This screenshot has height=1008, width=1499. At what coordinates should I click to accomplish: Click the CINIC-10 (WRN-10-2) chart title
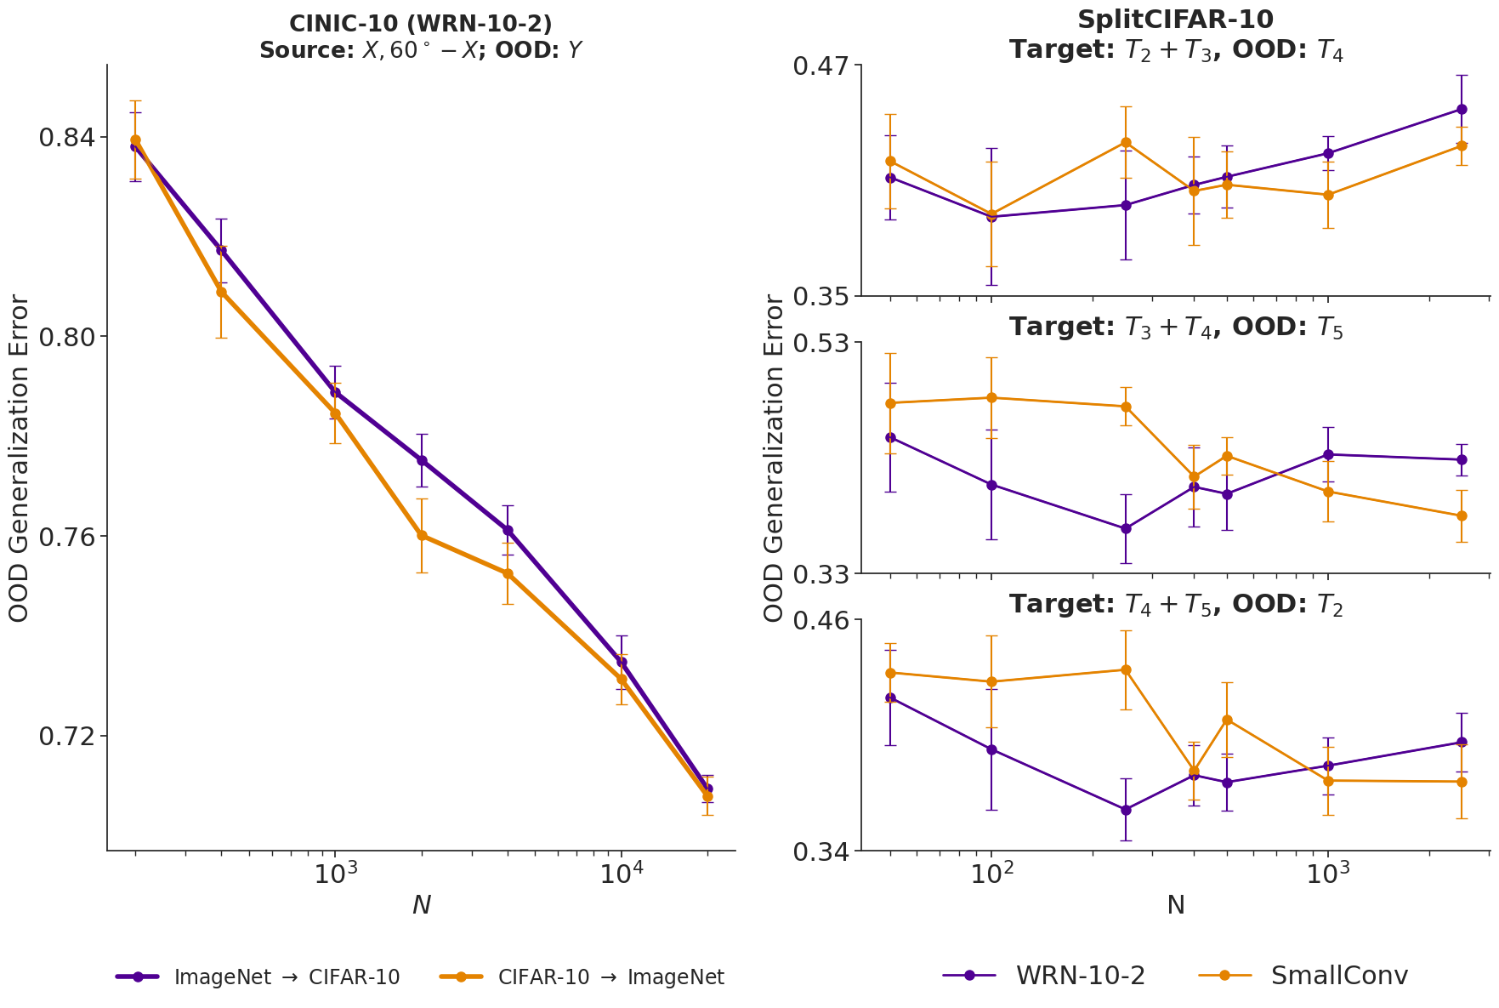pos(421,24)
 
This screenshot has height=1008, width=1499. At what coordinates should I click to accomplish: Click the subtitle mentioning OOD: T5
pos(1175,327)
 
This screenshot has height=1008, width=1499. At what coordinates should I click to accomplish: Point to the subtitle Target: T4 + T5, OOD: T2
pos(1175,604)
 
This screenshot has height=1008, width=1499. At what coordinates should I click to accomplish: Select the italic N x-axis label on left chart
pos(421,905)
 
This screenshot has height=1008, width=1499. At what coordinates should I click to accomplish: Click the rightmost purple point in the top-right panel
pos(1462,109)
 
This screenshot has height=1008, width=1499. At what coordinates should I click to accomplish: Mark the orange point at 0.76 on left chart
pos(422,535)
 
